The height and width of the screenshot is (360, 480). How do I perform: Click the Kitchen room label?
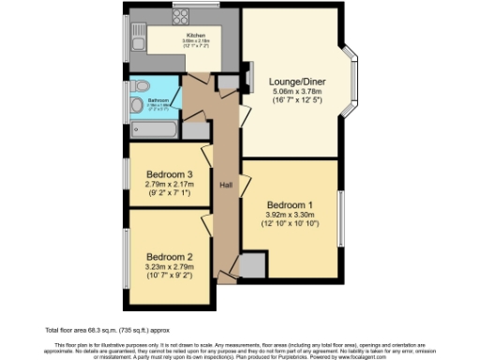click(x=195, y=36)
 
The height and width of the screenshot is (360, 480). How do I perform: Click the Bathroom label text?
click(x=157, y=99)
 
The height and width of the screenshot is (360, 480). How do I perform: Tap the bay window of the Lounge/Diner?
click(x=352, y=83)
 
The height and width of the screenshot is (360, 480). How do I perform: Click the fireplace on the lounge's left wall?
click(x=251, y=78)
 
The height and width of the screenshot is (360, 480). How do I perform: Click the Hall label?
click(x=226, y=185)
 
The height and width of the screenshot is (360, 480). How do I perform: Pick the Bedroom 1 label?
click(x=291, y=205)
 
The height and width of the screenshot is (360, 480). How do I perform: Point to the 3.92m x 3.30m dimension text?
click(x=291, y=216)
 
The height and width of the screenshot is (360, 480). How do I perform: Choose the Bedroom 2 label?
click(x=169, y=256)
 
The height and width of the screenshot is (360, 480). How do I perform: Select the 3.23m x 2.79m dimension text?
click(x=169, y=266)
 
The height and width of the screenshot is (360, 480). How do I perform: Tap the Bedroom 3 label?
click(x=169, y=174)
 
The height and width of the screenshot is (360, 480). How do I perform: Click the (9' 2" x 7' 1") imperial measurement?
click(x=169, y=195)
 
